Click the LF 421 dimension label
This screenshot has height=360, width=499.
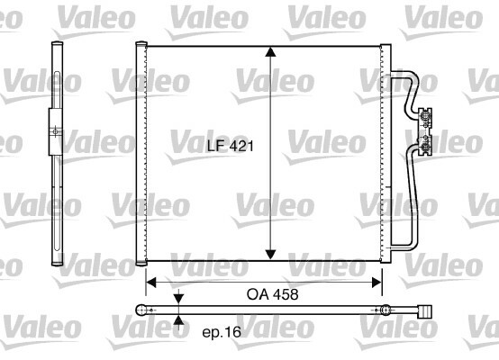231,146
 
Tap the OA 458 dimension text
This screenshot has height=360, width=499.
272,294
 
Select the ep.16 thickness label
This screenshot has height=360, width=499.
222,333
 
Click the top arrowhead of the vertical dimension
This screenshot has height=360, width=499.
270,52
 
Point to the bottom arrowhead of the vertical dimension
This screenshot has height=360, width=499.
270,255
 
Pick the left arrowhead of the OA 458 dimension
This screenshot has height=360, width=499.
151,282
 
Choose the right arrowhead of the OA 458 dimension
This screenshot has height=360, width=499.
377,282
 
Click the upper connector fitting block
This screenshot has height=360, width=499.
425,119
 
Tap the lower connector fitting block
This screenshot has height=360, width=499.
425,145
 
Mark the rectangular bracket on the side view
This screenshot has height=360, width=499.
55,132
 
